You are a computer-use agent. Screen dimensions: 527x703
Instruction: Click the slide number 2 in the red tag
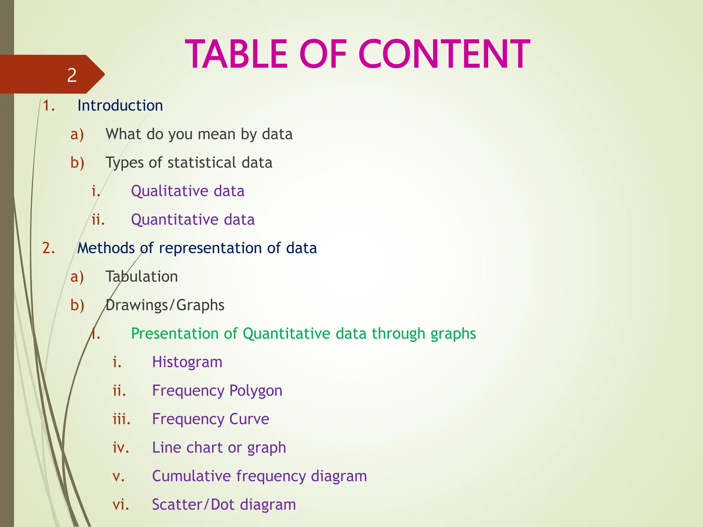[x=72, y=75]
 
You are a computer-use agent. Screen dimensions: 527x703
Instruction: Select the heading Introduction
[x=120, y=105]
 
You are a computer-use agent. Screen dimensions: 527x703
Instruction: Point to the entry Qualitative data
[x=187, y=191]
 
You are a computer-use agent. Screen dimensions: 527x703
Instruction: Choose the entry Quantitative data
[x=193, y=220]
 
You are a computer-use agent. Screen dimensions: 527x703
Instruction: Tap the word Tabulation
[x=141, y=277]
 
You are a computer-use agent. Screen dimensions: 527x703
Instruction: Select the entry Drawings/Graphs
[x=165, y=305]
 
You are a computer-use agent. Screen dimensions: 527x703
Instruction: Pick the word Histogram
[x=187, y=362]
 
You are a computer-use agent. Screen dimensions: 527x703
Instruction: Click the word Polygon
[x=256, y=391]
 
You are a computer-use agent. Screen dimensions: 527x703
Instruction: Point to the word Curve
[x=249, y=419]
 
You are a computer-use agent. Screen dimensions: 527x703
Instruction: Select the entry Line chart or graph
[x=219, y=448]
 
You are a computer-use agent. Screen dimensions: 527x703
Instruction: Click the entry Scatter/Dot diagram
[x=224, y=505]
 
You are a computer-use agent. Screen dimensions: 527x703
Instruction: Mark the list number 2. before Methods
[x=49, y=248]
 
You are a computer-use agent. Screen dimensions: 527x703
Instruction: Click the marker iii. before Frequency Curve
[x=122, y=419]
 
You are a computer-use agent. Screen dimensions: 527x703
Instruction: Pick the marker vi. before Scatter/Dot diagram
[x=121, y=505]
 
